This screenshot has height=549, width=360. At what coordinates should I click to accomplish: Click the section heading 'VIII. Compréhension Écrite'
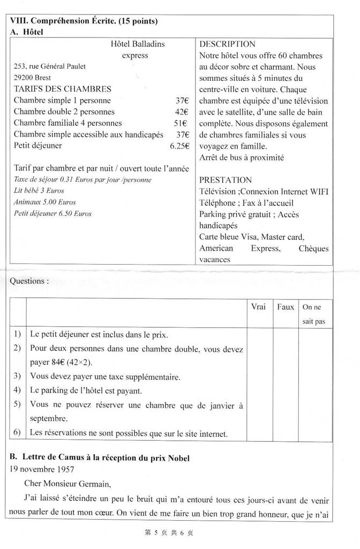[x=84, y=21]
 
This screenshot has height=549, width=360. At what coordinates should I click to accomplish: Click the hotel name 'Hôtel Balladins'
[x=138, y=44]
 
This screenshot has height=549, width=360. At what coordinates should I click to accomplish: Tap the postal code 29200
[x=24, y=78]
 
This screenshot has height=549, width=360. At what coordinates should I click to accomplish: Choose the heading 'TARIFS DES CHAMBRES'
[x=63, y=89]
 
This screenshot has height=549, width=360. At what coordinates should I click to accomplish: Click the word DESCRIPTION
[x=227, y=44]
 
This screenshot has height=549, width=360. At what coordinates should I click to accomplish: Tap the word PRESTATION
[x=225, y=180]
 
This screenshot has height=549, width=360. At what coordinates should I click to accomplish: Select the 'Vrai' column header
[x=259, y=307]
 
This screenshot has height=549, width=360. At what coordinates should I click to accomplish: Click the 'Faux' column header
[x=286, y=307]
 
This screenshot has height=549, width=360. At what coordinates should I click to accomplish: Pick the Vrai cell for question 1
[x=259, y=335]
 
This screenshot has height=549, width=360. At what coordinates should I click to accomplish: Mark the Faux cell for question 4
[x=286, y=390]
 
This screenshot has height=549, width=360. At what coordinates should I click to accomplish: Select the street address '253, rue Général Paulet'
[x=50, y=66]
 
